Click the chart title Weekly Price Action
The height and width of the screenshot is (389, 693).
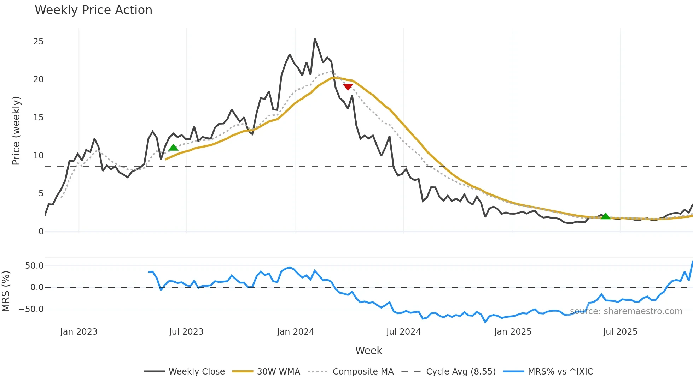click(93, 10)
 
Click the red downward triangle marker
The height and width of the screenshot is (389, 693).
click(348, 87)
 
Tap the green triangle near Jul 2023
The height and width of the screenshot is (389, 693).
click(173, 148)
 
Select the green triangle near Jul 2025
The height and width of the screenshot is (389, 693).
click(606, 216)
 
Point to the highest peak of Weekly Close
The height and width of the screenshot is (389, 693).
click(315, 39)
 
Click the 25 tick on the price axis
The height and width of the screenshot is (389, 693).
click(38, 42)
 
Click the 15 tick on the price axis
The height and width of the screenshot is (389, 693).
click(38, 118)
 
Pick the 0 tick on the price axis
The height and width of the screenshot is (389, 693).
click(41, 232)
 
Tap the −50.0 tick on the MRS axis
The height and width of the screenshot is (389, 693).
click(31, 309)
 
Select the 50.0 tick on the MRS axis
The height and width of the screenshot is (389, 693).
click(34, 266)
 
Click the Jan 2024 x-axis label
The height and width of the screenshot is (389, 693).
click(295, 332)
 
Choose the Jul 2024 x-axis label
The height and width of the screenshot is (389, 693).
click(403, 332)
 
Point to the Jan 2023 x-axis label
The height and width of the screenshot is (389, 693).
click(78, 332)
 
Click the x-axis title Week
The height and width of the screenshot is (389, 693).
click(368, 351)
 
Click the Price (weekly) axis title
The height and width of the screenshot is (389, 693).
click(16, 131)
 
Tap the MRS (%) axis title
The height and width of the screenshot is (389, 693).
click(6, 291)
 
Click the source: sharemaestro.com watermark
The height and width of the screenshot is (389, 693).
click(626, 311)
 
